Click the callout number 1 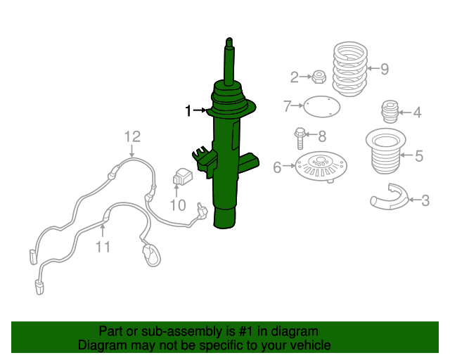(x=188, y=110)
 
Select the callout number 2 (x=295, y=76)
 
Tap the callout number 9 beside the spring (x=384, y=69)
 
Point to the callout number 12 (x=132, y=136)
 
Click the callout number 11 (x=103, y=246)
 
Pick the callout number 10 (x=177, y=205)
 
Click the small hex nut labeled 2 (x=318, y=75)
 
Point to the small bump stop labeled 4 (x=389, y=111)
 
